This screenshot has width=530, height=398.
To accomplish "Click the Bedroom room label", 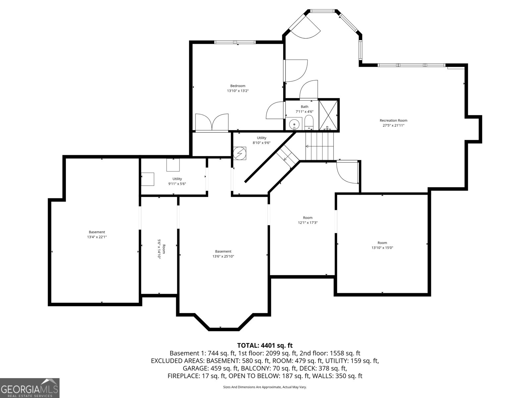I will point(238,86).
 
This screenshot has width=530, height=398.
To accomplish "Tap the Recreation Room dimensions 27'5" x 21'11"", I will point(394,125).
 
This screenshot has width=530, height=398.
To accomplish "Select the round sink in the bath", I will point(294,124).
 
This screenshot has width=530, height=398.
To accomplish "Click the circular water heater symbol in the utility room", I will point(240,153).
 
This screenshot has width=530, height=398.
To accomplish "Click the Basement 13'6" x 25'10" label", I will point(223,254).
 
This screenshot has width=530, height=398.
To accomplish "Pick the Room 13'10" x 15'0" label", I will point(382,245).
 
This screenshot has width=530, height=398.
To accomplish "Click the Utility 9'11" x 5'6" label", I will point(177,181).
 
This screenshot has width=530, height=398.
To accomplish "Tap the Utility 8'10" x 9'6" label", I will point(261,140).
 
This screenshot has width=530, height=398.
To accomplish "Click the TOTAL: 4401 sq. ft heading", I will point(265,346).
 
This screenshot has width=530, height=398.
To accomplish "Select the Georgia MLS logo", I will point(30,388).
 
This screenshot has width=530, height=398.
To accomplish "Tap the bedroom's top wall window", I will point(235,42).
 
